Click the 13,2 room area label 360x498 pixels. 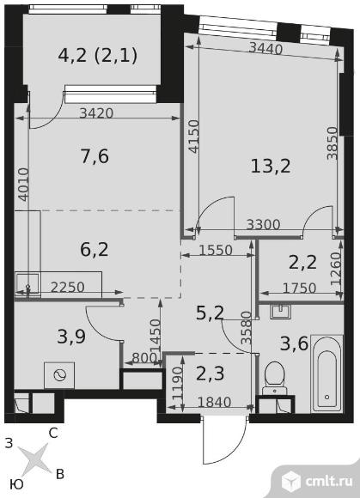pyautogui.click(x=271, y=166)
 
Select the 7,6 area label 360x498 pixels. pyautogui.click(x=95, y=156)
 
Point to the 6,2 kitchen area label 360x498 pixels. pyautogui.click(x=95, y=250)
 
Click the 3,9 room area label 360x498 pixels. pyautogui.click(x=71, y=337)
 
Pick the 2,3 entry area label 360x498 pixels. pyautogui.click(x=210, y=373)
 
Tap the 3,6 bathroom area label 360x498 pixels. pyautogui.click(x=294, y=343)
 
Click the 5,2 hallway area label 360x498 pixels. pyautogui.click(x=210, y=313)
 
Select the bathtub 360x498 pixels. pyautogui.click(x=326, y=373)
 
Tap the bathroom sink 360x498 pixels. pyautogui.click(x=280, y=312)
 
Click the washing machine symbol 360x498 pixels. pyautogui.click(x=59, y=376)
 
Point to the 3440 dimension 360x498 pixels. pyautogui.click(x=265, y=49)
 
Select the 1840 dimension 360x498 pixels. pyautogui.click(x=214, y=403)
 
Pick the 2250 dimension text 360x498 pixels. pyautogui.click(x=68, y=288)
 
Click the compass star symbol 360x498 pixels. pyautogui.click(x=33, y=459)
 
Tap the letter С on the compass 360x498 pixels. pyautogui.click(x=53, y=433)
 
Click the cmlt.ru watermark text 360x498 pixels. pyautogui.click(x=329, y=481)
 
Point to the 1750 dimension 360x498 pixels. pyautogui.click(x=299, y=288)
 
